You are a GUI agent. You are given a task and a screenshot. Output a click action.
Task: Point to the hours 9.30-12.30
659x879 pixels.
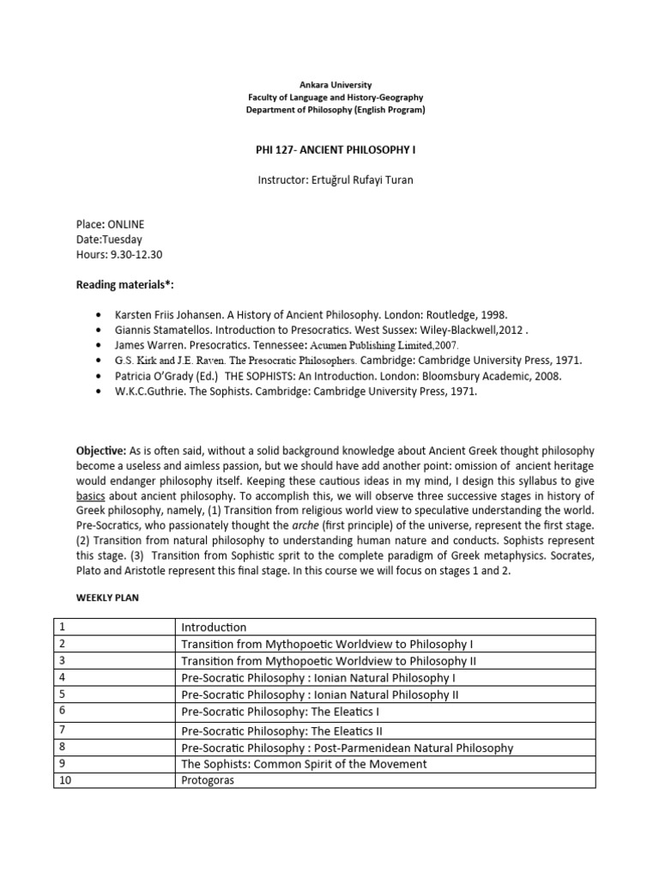(139, 254)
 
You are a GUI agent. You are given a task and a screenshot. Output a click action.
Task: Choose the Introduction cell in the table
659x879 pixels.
(214, 627)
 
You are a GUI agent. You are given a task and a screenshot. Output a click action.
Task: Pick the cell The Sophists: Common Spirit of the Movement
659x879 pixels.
(304, 764)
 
